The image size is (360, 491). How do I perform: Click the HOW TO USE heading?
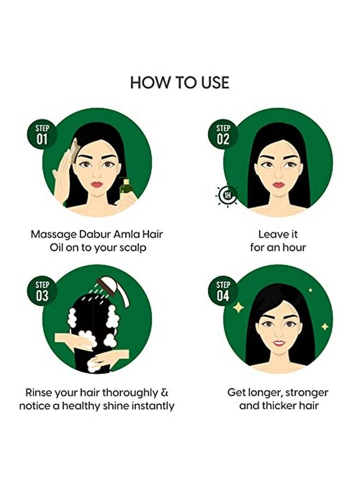point(179,82)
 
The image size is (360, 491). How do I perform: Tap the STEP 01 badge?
point(42,133)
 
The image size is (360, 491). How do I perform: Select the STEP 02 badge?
point(224,134)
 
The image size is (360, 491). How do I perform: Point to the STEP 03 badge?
point(42,291)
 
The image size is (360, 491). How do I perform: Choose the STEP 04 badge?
point(224,291)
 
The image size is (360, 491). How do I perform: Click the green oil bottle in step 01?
point(125,191)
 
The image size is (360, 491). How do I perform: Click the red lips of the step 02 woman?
point(278,184)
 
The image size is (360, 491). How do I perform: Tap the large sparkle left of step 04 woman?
point(238,308)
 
